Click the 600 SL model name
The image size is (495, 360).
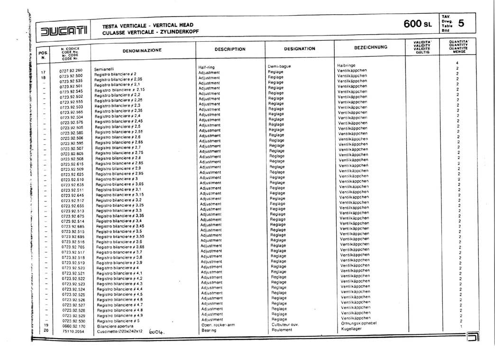click(x=417, y=23)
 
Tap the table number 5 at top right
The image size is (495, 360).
click(x=461, y=23)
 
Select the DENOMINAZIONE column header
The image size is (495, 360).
click(x=142, y=50)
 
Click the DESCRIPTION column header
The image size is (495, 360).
click(x=230, y=49)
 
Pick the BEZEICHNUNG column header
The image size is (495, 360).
click(x=371, y=47)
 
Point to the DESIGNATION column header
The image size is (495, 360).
click(x=300, y=48)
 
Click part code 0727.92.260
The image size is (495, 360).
click(x=71, y=70)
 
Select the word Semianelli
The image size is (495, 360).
click(x=104, y=69)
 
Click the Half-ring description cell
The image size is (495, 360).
click(x=207, y=67)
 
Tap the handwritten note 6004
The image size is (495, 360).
click(x=156, y=332)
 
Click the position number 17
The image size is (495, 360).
click(x=44, y=73)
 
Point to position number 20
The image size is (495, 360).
click(x=46, y=330)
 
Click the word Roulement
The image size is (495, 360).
click(x=282, y=330)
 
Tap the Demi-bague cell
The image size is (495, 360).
click(x=278, y=66)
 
